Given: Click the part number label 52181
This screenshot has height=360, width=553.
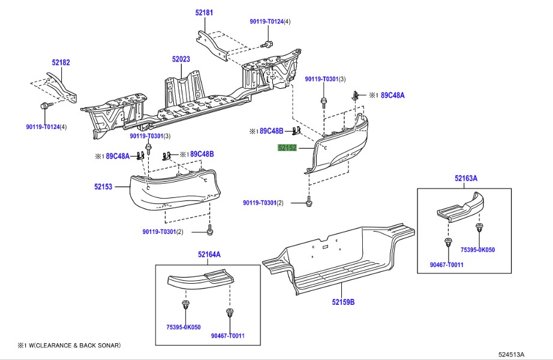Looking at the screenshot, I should (204, 13).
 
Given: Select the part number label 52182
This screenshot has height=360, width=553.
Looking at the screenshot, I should (61, 62).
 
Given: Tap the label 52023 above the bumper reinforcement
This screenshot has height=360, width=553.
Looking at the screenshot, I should (181, 59).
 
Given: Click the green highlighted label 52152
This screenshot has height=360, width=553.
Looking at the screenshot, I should (287, 148).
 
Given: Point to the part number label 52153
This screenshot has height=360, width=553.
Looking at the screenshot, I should (103, 187).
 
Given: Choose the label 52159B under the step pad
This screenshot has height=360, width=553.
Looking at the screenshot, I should (344, 302).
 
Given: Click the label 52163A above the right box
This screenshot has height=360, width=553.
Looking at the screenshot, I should (465, 178).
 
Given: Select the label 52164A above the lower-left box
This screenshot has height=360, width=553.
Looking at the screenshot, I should (209, 254).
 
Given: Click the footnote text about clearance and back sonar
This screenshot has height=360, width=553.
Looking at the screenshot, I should (69, 345).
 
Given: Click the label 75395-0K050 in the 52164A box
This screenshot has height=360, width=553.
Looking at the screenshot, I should (184, 327).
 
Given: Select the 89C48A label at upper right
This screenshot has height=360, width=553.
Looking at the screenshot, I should (394, 95).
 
